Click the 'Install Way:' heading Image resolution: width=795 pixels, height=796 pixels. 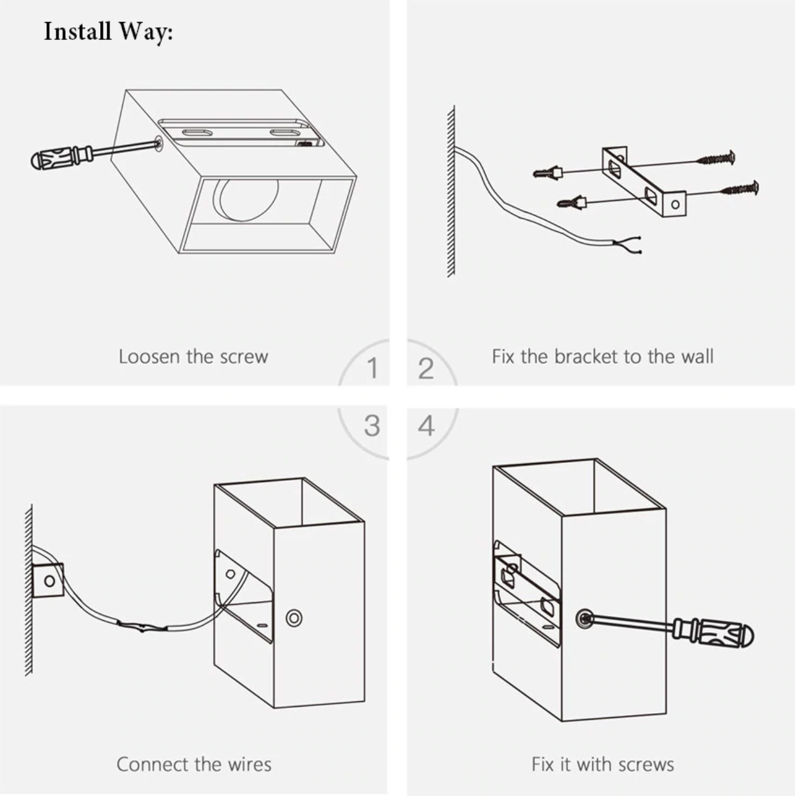pyautogui.click(x=108, y=31)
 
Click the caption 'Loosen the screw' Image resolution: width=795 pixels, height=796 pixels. pyautogui.click(x=193, y=356)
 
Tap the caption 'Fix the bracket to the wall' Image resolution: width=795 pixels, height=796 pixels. pyautogui.click(x=602, y=356)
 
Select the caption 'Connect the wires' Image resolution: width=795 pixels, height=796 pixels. pyautogui.click(x=194, y=764)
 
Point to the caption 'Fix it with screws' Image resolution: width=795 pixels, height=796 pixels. pyautogui.click(x=603, y=764)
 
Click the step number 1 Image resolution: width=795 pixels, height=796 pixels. pyautogui.click(x=372, y=368)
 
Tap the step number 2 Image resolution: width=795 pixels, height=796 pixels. pyautogui.click(x=426, y=368)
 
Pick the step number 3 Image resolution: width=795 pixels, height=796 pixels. pyautogui.click(x=372, y=425)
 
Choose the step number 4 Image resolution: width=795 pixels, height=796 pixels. pyautogui.click(x=426, y=425)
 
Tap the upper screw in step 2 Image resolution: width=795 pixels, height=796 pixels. pyautogui.click(x=716, y=159)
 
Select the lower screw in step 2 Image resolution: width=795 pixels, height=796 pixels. pyautogui.click(x=740, y=189)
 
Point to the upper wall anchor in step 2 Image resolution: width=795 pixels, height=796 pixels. pyautogui.click(x=548, y=173)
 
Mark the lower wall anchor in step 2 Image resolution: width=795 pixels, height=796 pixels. pyautogui.click(x=572, y=203)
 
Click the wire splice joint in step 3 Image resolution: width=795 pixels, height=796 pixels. pyautogui.click(x=142, y=627)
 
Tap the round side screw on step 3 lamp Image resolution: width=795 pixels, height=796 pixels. pyautogui.click(x=293, y=618)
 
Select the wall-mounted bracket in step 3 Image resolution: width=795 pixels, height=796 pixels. pyautogui.click(x=48, y=580)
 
